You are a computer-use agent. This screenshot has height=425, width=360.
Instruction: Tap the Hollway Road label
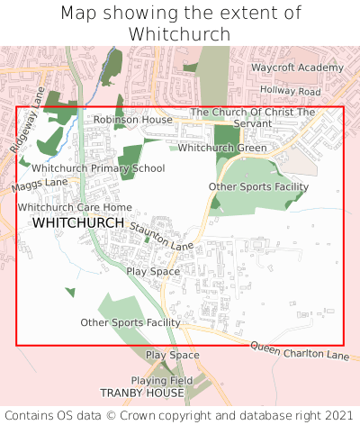click(x=290, y=92)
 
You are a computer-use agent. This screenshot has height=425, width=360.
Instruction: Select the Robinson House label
click(x=133, y=119)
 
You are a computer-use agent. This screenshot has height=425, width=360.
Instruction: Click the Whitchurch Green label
click(x=222, y=148)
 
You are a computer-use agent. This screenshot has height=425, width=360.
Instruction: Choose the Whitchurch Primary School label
click(x=98, y=168)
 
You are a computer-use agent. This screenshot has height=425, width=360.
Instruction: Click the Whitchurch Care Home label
click(x=74, y=207)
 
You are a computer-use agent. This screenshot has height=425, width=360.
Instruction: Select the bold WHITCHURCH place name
click(x=78, y=222)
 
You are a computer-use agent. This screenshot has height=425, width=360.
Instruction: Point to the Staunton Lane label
click(x=162, y=239)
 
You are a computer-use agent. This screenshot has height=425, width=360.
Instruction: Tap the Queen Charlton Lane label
click(x=299, y=351)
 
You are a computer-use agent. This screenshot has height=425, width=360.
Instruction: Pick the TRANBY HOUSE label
click(x=143, y=393)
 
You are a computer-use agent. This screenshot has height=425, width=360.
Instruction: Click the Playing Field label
click(x=162, y=381)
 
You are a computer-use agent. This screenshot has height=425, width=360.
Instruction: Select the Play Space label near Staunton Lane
click(x=153, y=271)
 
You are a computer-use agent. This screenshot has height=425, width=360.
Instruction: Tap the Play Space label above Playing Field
click(x=172, y=356)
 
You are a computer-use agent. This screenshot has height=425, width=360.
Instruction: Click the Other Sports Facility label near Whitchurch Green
click(x=258, y=187)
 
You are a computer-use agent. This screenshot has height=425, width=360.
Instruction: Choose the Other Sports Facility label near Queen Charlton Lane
click(x=130, y=322)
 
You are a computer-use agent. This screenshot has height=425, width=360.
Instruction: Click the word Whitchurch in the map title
click(x=180, y=34)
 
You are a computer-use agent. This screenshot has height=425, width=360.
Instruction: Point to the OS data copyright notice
click(x=180, y=415)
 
